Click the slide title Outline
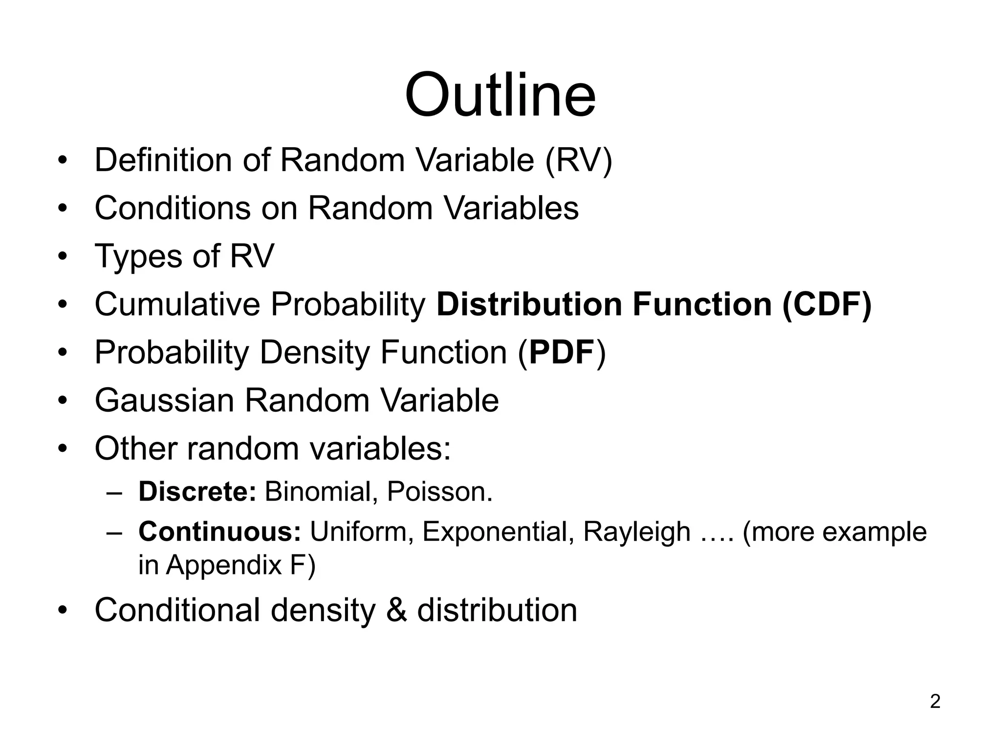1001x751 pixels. coord(500,95)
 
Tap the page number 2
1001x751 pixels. coord(935,702)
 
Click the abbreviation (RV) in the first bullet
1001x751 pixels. coord(578,160)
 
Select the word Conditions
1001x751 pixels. coord(173,208)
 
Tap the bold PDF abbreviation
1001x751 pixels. coord(562,352)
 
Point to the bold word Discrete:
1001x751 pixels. coord(197,491)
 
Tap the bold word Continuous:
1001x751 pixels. coord(219,531)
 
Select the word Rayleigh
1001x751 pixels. coord(636,531)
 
